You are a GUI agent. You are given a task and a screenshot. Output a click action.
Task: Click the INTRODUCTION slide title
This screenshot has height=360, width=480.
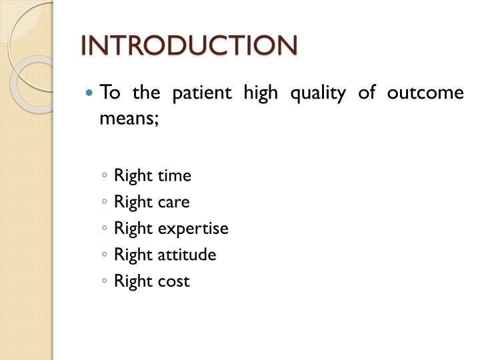pos(189,45)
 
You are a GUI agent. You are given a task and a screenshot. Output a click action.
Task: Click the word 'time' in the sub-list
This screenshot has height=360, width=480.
pos(174,175)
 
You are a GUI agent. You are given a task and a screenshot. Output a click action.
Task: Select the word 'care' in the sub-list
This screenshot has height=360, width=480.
pos(173,202)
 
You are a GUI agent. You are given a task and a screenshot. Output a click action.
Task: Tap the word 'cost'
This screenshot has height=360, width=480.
pos(173,281)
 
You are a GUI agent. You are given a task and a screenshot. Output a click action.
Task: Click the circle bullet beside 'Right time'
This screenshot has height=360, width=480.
pos(106,177)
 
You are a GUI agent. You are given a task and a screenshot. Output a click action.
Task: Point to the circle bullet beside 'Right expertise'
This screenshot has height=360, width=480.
pos(106,229)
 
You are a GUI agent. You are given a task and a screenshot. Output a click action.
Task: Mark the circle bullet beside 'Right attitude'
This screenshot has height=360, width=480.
pos(106,255)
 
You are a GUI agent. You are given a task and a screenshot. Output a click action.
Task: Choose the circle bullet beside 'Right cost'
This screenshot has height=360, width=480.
pos(106,282)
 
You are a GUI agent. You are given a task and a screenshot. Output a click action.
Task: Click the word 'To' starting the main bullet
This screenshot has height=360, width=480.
pos(109,93)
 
